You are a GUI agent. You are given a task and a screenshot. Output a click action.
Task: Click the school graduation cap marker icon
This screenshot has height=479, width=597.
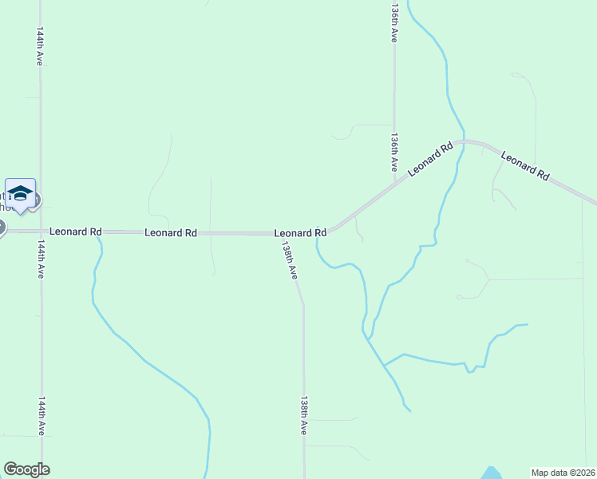click(x=20, y=194)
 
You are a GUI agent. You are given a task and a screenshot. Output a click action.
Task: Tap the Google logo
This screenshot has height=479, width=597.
click(x=26, y=469)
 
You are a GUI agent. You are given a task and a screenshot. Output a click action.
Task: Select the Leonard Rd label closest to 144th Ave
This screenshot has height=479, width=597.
click(x=75, y=232)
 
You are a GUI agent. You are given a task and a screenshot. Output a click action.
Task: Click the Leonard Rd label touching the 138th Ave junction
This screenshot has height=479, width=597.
click(x=300, y=233)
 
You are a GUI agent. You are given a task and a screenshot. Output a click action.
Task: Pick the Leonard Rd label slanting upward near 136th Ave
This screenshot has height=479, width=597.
click(x=430, y=159)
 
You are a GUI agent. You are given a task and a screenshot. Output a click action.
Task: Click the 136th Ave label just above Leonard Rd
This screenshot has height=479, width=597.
click(x=394, y=152)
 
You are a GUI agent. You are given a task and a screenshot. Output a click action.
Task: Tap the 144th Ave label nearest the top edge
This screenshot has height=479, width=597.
click(x=39, y=47)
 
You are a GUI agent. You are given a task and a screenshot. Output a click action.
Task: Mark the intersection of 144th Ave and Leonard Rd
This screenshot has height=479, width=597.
click(x=40, y=232)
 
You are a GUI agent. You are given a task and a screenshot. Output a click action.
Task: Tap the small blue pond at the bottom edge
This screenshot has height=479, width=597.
click(x=492, y=473)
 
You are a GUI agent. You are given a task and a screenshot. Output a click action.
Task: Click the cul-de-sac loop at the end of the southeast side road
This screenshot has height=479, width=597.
click(x=460, y=297)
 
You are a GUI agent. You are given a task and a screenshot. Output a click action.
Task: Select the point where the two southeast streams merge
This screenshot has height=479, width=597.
click(x=385, y=365)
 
